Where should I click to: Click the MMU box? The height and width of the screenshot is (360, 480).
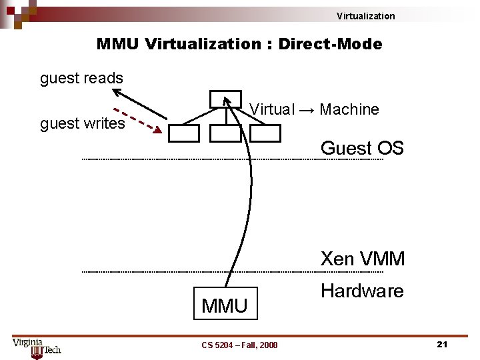(x=224, y=305)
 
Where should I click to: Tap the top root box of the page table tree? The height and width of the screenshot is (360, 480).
(x=225, y=99)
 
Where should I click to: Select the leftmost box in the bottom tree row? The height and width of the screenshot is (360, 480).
(x=183, y=133)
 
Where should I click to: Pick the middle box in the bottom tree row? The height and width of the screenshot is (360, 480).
(x=225, y=133)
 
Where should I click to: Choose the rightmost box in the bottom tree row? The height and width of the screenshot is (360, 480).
(x=266, y=133)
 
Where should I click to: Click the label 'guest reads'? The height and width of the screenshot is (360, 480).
(x=81, y=78)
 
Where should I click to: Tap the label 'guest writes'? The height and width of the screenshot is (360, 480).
(x=82, y=123)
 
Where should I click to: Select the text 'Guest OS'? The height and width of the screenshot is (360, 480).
(x=362, y=147)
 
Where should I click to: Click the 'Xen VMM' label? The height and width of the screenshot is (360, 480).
(x=363, y=259)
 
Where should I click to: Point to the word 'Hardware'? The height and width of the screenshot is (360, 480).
(x=362, y=291)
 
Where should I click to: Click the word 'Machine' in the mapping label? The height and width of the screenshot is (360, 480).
(x=349, y=109)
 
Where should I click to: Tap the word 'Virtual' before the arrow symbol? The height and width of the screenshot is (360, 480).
(x=271, y=109)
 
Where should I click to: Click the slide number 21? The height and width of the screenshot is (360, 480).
(x=441, y=344)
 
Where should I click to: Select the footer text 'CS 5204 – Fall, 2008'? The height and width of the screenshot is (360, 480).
(x=239, y=345)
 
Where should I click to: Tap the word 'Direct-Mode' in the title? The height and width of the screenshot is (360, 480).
(x=330, y=45)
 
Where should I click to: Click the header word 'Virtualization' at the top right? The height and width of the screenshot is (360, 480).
(x=365, y=16)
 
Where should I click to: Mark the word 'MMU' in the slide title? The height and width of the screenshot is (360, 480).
(x=118, y=45)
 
